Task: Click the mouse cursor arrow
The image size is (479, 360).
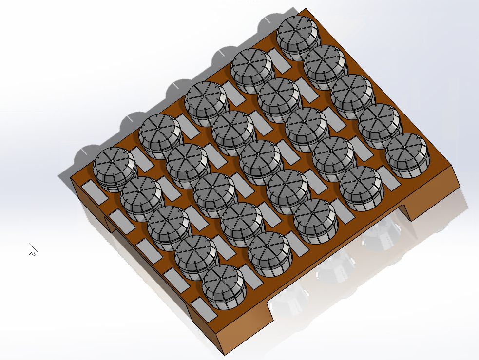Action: click(x=32, y=249)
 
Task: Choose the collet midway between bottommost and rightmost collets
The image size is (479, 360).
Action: click(x=316, y=221)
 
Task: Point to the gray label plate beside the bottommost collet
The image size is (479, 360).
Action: click(x=204, y=309)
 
